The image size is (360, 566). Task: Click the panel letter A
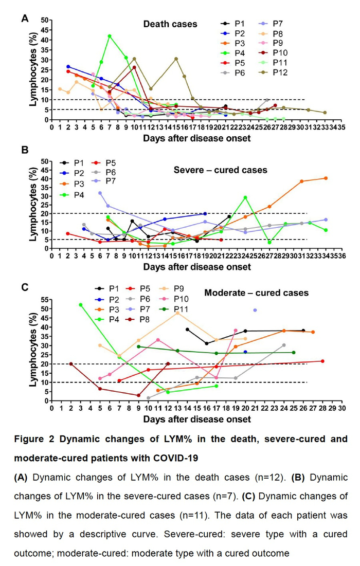coord(24,19)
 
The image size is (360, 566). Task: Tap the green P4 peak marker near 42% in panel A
coord(110,36)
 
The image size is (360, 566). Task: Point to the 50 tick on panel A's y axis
coord(46,20)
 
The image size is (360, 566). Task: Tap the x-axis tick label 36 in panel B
coord(343,257)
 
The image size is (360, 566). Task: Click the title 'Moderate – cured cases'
coord(256,293)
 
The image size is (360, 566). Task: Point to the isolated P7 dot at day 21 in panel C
coord(255,310)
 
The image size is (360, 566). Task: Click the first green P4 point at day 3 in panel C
coord(81,305)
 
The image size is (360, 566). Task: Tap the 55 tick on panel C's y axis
coord(45,299)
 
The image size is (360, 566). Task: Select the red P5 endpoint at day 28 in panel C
coord(322,361)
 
